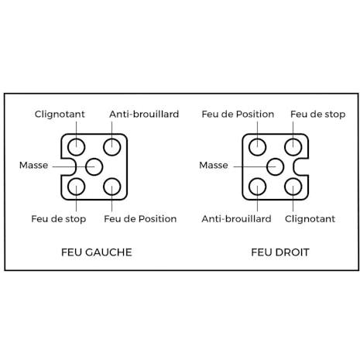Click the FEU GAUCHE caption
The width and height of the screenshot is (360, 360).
pyautogui.click(x=97, y=252)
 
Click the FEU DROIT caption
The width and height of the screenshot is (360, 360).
pyautogui.click(x=280, y=252)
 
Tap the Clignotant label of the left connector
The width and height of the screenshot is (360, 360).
pyautogui.click(x=60, y=114)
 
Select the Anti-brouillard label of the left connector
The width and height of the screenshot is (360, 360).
pyautogui.click(x=144, y=114)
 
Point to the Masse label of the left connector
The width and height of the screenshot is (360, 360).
pyautogui.click(x=33, y=165)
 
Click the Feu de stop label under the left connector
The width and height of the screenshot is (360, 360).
pyautogui.click(x=59, y=219)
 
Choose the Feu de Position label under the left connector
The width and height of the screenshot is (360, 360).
pyautogui.click(x=140, y=219)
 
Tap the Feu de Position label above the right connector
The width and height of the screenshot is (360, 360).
pyautogui.click(x=238, y=114)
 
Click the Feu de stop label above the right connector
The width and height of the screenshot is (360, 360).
pyautogui.click(x=318, y=115)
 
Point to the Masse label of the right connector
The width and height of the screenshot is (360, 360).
pyautogui.click(x=214, y=165)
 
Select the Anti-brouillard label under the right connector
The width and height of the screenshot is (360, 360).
pyautogui.click(x=236, y=219)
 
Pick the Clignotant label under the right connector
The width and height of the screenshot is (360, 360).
pyautogui.click(x=310, y=219)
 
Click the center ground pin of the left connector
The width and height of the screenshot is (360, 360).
pyautogui.click(x=94, y=166)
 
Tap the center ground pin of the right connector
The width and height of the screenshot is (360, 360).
pyautogui.click(x=276, y=166)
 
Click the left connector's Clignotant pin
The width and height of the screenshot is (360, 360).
pyautogui.click(x=77, y=147)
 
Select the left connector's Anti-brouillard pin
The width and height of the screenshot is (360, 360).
pyautogui.click(x=112, y=147)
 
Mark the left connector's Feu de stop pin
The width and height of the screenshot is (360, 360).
pyautogui.click(x=77, y=187)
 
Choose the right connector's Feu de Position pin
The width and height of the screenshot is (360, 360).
pyautogui.click(x=258, y=147)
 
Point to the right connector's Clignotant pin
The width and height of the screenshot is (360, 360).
pyautogui.click(x=293, y=187)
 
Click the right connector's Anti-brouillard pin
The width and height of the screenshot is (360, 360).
pyautogui.click(x=258, y=187)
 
